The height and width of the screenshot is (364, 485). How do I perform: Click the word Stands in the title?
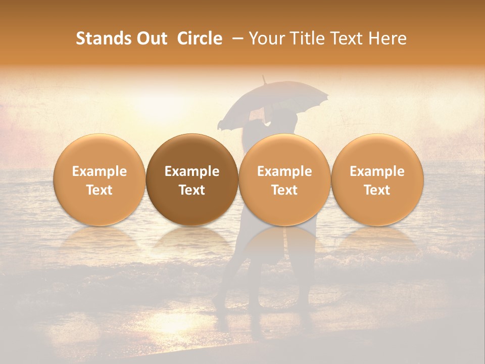[103, 38]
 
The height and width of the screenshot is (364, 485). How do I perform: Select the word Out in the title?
[151, 38]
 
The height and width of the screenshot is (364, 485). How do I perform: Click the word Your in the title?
[266, 38]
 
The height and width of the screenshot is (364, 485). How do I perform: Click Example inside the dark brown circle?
[192, 171]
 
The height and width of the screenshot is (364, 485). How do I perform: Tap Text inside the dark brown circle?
[192, 190]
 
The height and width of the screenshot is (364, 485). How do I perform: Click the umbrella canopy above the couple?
[275, 104]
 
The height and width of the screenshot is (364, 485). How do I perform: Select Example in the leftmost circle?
[100, 171]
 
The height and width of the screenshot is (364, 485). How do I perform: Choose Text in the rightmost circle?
[377, 190]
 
